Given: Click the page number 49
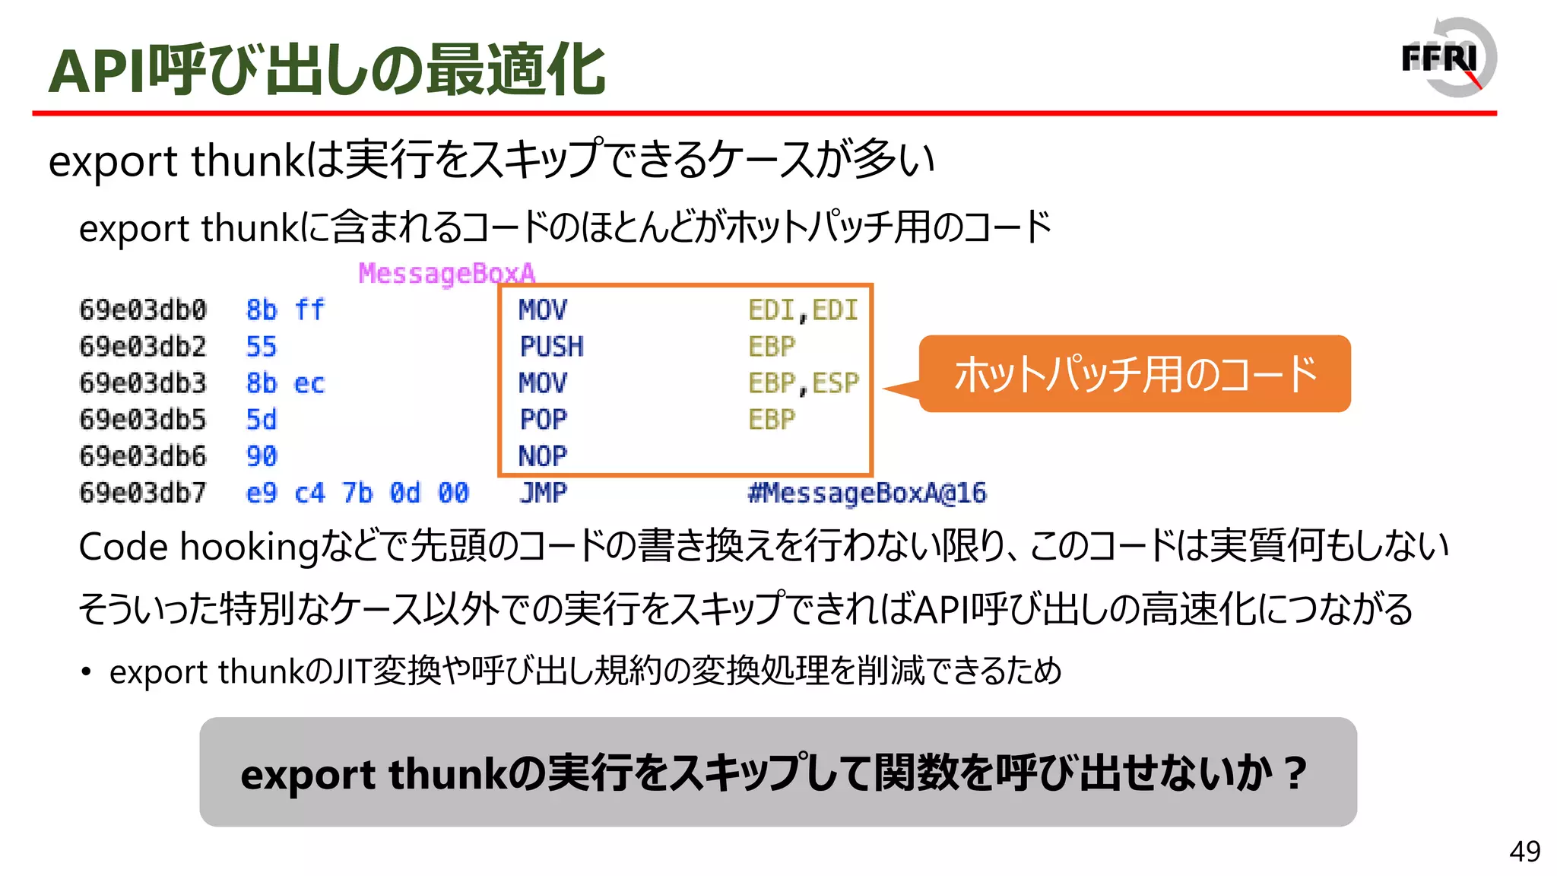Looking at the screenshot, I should click(x=1524, y=852).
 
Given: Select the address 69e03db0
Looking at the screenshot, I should click(x=143, y=310).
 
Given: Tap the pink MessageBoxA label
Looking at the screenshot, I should click(x=446, y=273).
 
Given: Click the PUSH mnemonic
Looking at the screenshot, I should click(x=551, y=347).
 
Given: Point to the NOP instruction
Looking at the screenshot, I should click(x=542, y=456).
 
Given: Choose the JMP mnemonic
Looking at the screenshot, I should click(x=543, y=493).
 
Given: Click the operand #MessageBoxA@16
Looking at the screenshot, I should click(x=867, y=493).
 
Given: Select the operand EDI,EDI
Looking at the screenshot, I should click(x=803, y=310).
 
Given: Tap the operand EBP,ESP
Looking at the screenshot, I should click(x=803, y=383).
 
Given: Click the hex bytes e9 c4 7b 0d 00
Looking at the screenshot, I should click(x=357, y=493).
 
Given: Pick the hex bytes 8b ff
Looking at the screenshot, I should click(x=285, y=310).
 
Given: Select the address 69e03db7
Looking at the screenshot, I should click(x=143, y=493).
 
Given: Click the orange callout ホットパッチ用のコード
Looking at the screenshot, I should click(x=1134, y=374).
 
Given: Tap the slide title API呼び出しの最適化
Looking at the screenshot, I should click(x=327, y=70).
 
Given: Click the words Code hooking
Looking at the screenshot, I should click(x=198, y=547).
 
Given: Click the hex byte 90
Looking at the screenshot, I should click(x=262, y=456).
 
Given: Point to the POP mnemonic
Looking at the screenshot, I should click(x=543, y=420).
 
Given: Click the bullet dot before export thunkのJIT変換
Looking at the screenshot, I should click(x=87, y=672).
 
